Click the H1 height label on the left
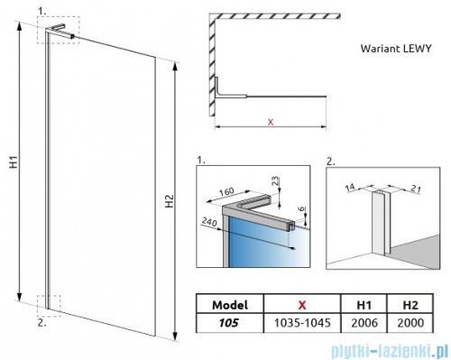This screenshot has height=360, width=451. coord(14,162)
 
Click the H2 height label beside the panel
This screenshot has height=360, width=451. coord(170,201)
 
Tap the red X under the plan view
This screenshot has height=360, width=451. coord(271,122)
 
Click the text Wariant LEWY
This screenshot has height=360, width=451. coord(396,49)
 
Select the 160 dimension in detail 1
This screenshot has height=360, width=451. coord(226,191)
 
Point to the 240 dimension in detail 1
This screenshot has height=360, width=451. coord(209,222)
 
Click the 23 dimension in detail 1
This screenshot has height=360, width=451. coord(276,181)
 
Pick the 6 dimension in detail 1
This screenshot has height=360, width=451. coord(301,208)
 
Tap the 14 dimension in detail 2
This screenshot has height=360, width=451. coord(350,188)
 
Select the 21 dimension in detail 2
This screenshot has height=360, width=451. coord(416,189)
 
